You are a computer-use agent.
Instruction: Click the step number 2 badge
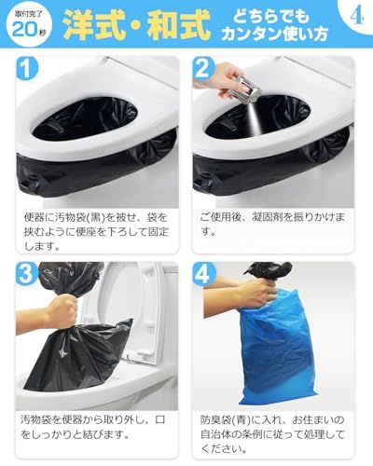click(x=205, y=70)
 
